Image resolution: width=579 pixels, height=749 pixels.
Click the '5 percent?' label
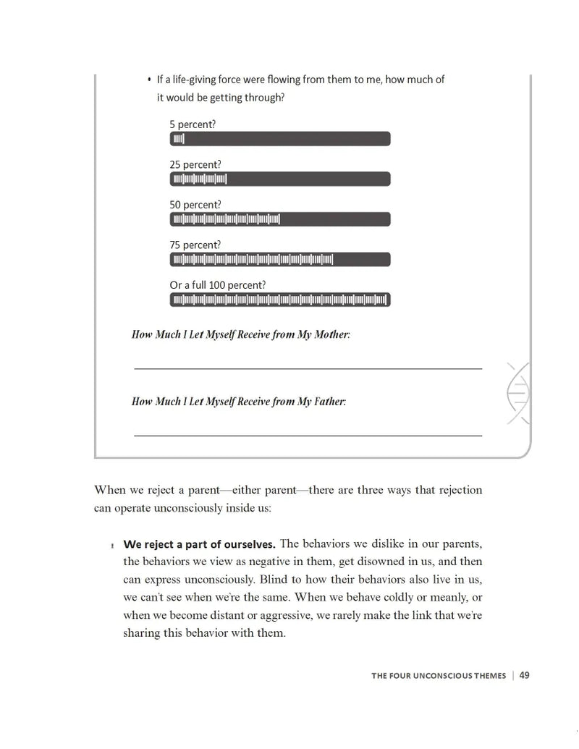[193, 124]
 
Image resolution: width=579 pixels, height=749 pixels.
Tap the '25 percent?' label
[195, 164]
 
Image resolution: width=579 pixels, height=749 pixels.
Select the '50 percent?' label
[195, 205]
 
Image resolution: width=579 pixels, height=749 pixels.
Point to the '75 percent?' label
[195, 245]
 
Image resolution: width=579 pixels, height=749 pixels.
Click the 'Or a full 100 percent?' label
[218, 285]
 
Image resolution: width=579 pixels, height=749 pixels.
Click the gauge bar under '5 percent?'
[279, 139]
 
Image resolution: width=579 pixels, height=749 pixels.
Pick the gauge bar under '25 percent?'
[279, 179]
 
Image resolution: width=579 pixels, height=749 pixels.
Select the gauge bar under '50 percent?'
[279, 219]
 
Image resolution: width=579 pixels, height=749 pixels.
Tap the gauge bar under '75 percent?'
[279, 259]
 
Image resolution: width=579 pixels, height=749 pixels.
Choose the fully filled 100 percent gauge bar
[279, 300]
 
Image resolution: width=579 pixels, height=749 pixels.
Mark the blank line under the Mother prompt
[308, 368]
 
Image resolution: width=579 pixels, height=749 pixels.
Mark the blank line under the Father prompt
[308, 435]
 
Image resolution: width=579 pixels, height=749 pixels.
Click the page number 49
[524, 675]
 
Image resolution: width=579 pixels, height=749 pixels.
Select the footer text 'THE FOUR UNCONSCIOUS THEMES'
[439, 676]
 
